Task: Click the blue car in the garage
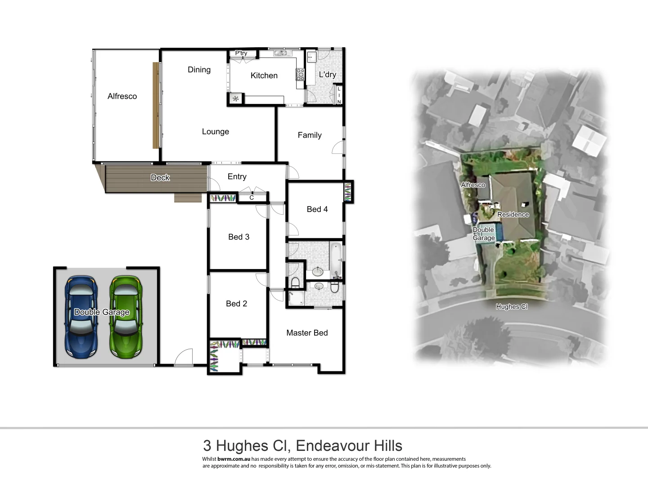click(x=81, y=317)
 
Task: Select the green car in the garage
click(x=126, y=317)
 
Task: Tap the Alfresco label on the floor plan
click(x=122, y=96)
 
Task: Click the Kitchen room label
click(x=264, y=76)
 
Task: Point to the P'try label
click(x=241, y=54)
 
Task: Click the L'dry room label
click(x=327, y=75)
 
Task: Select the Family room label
click(x=310, y=135)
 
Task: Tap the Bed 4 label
click(x=317, y=209)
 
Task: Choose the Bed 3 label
click(x=238, y=237)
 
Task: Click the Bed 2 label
click(x=236, y=304)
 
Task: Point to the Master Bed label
click(x=307, y=333)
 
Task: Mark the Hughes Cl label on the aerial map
click(x=511, y=307)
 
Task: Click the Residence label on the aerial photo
click(x=513, y=215)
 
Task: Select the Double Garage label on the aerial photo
click(x=483, y=234)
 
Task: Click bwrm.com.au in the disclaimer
click(x=234, y=459)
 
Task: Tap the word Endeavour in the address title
click(x=327, y=445)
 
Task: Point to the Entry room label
click(x=237, y=177)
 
